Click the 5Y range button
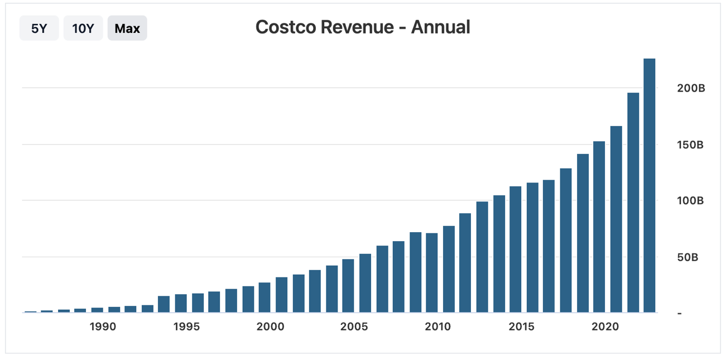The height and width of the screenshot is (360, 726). pyautogui.click(x=39, y=28)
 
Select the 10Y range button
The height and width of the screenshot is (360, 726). pyautogui.click(x=83, y=28)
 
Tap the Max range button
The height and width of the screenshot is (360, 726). pyautogui.click(x=127, y=28)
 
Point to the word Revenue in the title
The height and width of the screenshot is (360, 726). pyautogui.click(x=357, y=27)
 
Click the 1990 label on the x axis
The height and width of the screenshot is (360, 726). pyautogui.click(x=103, y=327)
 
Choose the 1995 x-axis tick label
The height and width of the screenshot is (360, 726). pyautogui.click(x=186, y=327)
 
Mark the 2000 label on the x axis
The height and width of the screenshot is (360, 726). pyautogui.click(x=270, y=327)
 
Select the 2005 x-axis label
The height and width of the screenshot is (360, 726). pyautogui.click(x=354, y=327)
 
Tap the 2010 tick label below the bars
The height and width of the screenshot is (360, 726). pyautogui.click(x=437, y=327)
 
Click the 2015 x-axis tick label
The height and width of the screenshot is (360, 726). pyautogui.click(x=521, y=327)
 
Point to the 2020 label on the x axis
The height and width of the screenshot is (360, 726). pyautogui.click(x=605, y=327)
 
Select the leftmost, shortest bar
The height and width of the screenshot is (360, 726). pyautogui.click(x=30, y=311)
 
